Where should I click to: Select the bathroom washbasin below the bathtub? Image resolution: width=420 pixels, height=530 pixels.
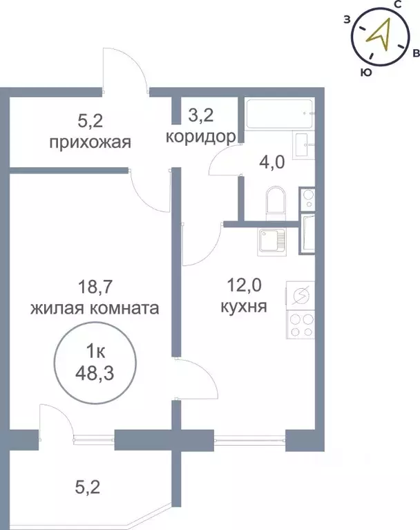[x=304, y=146]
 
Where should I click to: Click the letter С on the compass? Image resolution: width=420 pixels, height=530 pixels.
[x=399, y=6]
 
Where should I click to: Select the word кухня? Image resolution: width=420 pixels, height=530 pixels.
[x=245, y=305]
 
